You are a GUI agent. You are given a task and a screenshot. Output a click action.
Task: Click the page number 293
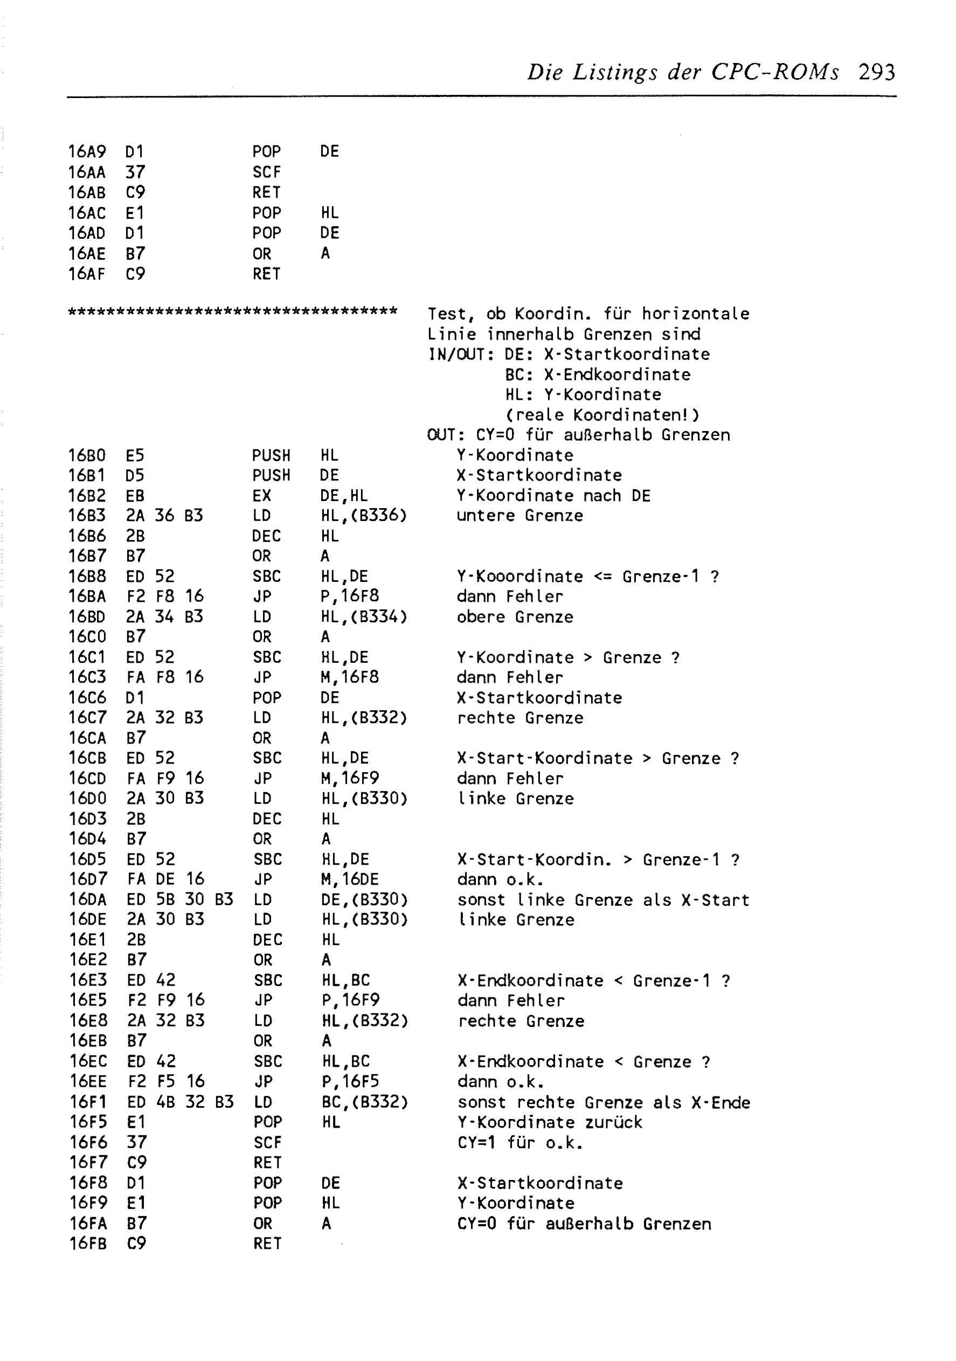point(876,72)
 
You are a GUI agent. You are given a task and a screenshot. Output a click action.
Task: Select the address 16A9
point(87,152)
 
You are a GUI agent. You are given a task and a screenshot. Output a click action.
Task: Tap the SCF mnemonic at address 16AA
point(266,172)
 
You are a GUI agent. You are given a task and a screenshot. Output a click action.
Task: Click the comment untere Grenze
point(519,516)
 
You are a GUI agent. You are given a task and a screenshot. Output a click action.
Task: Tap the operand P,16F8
point(349,596)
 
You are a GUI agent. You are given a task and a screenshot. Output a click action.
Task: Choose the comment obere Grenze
point(515,617)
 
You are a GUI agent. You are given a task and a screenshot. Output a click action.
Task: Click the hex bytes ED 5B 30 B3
point(179,900)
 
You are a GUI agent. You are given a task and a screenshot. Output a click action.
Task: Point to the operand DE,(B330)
point(364,900)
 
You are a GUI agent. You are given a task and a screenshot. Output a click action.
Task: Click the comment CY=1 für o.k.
point(520,1142)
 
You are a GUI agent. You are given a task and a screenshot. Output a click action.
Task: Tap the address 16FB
point(88,1244)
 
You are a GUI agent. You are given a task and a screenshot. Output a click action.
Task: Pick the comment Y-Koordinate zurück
point(549,1122)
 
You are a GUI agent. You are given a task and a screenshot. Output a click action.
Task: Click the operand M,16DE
point(349,880)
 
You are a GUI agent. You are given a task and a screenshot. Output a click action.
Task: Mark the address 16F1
point(88,1102)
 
